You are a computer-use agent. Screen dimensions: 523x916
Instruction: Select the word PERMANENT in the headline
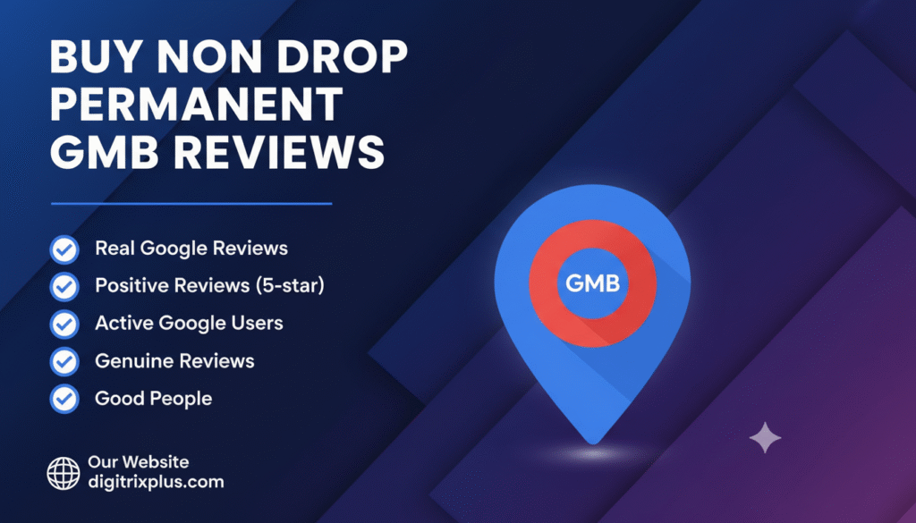[x=196, y=107]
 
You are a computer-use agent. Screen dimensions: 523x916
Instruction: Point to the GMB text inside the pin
[x=592, y=285]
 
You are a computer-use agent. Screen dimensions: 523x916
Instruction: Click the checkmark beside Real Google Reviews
[x=64, y=249]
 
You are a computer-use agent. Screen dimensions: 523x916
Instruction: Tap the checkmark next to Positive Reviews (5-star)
[x=64, y=286]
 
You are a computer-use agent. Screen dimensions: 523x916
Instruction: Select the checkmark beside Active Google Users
[x=64, y=324]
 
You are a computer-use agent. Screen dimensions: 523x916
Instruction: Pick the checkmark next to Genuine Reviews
[x=64, y=361]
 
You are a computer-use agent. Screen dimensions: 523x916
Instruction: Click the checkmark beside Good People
[x=64, y=399]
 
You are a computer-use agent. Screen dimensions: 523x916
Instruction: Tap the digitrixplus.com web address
[x=156, y=483]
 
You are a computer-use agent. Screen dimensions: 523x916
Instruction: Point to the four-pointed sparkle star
[x=764, y=438]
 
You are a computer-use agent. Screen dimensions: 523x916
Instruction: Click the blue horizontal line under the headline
[x=191, y=204]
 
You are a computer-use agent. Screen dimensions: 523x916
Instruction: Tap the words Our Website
[x=138, y=462]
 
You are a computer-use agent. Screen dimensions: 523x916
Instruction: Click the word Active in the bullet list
[x=124, y=324]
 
